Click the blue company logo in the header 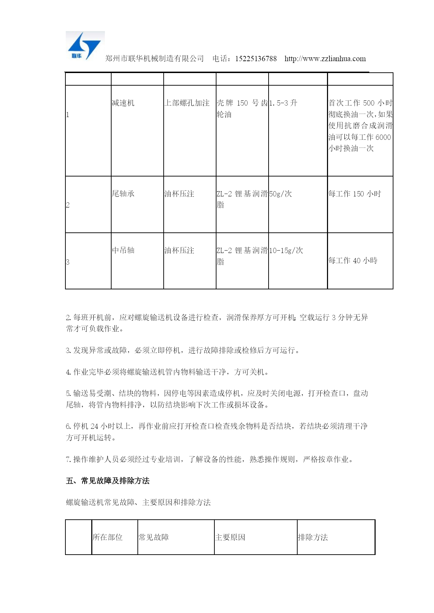85,46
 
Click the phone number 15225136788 256,59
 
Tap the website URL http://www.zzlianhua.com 325,59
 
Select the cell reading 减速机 123,103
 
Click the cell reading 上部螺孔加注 187,103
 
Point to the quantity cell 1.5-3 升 283,103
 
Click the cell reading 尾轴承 123,194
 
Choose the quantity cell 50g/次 280,194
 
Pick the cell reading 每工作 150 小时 355,194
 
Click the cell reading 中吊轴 123,251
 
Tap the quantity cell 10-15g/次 286,251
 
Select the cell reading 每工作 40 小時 353,261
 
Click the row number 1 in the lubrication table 67,115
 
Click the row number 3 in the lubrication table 67,262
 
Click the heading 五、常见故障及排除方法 108,481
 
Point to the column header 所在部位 108,538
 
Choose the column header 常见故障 154,538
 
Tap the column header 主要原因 230,538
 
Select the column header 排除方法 313,538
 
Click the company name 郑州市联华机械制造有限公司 155,59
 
